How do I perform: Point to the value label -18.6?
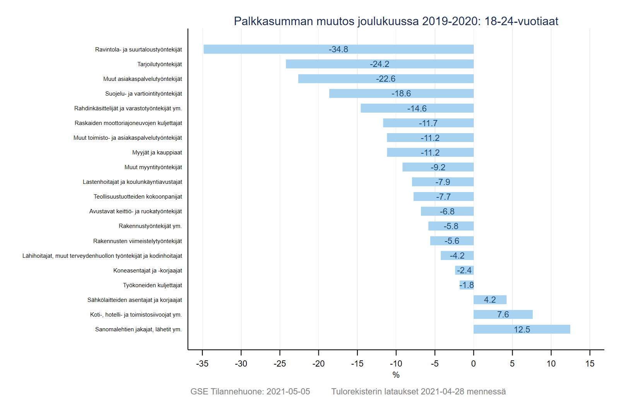click(401, 94)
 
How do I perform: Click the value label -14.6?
click(417, 109)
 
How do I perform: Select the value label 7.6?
click(503, 315)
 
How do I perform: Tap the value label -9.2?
click(438, 168)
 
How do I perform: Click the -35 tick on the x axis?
click(202, 364)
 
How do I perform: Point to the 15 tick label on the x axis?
click(590, 364)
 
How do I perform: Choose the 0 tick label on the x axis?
click(473, 364)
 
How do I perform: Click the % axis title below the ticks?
click(396, 375)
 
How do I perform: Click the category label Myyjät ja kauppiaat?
click(157, 153)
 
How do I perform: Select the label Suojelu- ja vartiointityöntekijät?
click(144, 94)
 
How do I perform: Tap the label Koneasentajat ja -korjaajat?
click(147, 271)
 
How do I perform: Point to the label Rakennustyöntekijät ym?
click(150, 226)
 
